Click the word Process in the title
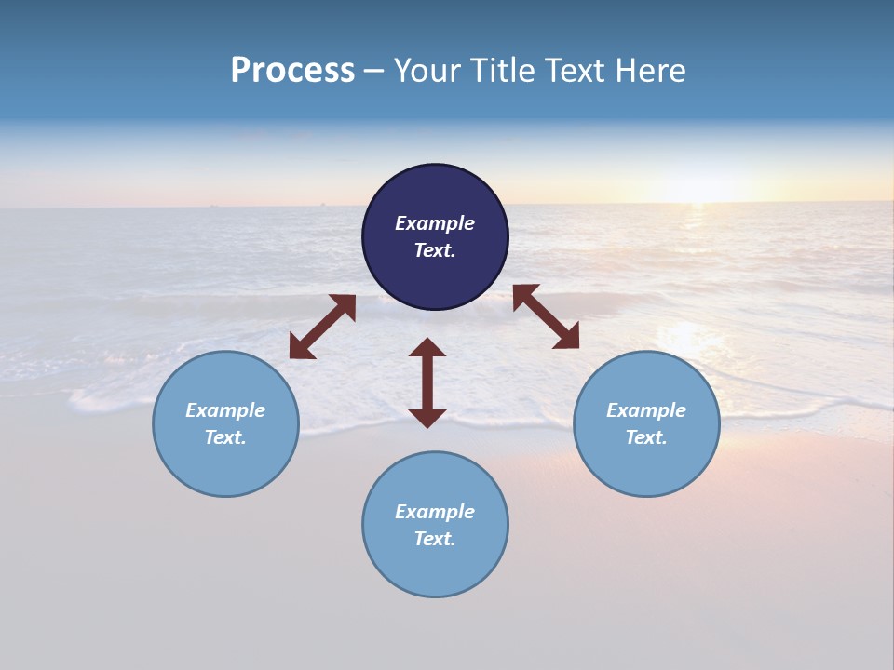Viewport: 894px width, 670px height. (292, 71)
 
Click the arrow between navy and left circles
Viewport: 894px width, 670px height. (322, 327)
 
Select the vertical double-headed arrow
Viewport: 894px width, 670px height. (427, 382)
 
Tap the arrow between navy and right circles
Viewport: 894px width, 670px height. (546, 316)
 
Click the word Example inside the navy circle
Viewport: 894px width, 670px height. (435, 223)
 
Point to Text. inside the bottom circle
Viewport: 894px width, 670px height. (435, 539)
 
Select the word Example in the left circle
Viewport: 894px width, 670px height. (225, 410)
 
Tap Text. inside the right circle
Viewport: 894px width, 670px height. (646, 437)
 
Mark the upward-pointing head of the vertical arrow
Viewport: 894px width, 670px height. (427, 348)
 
